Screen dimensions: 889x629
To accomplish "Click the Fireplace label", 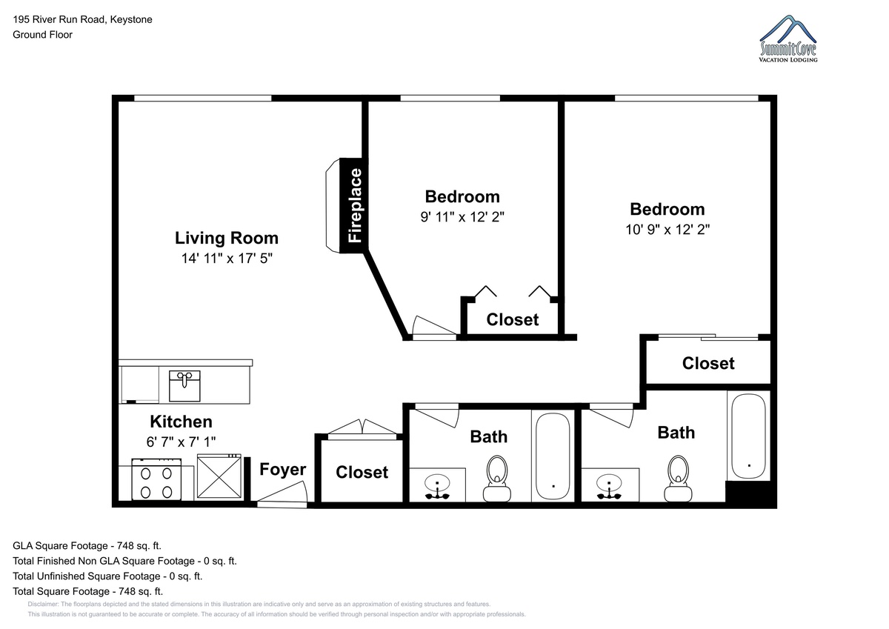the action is (x=355, y=205).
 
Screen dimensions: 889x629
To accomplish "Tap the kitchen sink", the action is (x=184, y=386).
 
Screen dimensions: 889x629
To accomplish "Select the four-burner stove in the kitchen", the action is (x=156, y=479).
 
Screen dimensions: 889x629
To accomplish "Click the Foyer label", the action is (x=282, y=470).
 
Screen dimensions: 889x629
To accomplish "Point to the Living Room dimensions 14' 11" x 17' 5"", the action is (x=227, y=259).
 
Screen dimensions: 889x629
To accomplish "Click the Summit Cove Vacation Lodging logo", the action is (x=788, y=39).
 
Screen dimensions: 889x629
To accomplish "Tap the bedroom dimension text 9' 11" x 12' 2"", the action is (x=462, y=217).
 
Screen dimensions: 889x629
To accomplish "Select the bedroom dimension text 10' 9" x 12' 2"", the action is (x=667, y=230).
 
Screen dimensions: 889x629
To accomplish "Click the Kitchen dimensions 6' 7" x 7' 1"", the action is (x=181, y=442).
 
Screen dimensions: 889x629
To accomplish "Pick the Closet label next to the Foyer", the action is (x=362, y=472).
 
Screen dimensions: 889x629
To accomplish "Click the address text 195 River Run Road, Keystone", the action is (x=82, y=19).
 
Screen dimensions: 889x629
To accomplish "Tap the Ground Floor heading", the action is (x=42, y=35).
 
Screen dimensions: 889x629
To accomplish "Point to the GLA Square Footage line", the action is (x=87, y=546).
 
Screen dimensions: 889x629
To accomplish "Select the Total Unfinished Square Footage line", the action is (x=107, y=576).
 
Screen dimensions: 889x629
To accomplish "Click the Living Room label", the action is (x=227, y=238).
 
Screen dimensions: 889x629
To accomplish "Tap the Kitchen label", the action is (x=181, y=422).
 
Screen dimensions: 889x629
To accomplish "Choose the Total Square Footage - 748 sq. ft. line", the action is (x=87, y=591).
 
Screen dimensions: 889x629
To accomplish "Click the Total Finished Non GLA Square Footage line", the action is (x=124, y=561).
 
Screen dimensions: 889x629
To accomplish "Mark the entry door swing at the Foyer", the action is (x=282, y=494).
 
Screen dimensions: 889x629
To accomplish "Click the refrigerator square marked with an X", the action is (x=219, y=476).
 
